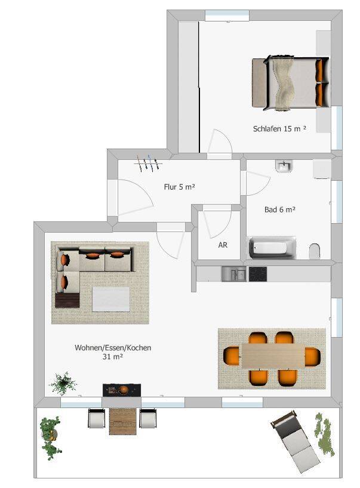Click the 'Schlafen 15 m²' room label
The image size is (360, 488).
click(x=279, y=128)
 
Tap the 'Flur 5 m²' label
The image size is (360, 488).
click(x=180, y=187)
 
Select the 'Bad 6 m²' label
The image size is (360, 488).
click(x=280, y=209)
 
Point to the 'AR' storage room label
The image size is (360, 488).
click(x=223, y=245)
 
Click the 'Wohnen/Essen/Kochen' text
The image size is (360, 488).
click(x=112, y=348)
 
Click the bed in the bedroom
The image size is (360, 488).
click(x=290, y=84)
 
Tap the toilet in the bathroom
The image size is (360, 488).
click(x=316, y=251)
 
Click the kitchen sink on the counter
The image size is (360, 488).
click(x=234, y=274)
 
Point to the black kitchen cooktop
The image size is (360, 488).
click(x=257, y=274)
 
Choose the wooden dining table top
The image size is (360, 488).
click(x=273, y=357)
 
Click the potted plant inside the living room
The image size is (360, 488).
click(x=63, y=383)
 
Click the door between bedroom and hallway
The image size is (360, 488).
click(x=219, y=146)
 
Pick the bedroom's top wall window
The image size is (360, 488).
click(x=227, y=15)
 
